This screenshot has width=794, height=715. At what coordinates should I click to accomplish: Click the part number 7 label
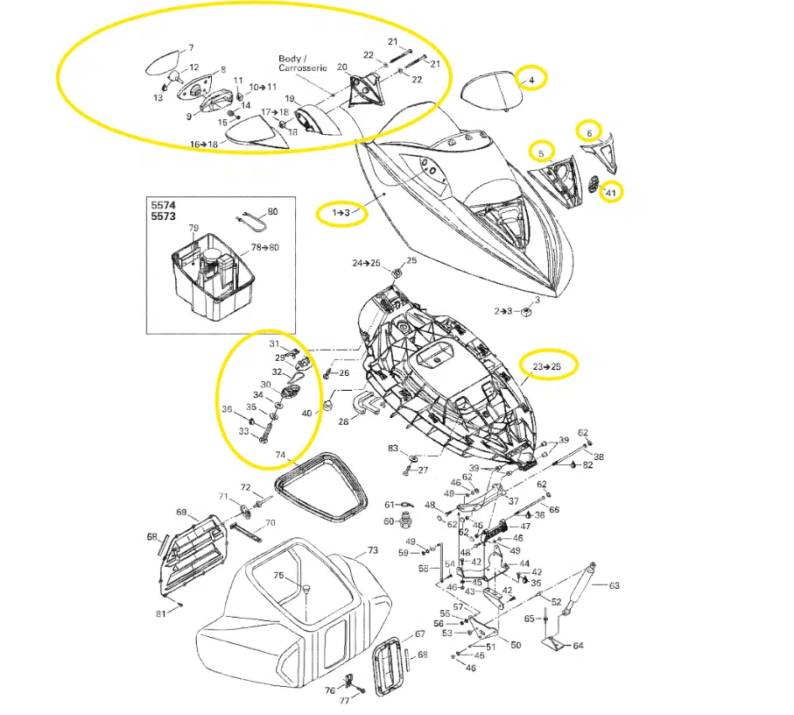[x=191, y=48]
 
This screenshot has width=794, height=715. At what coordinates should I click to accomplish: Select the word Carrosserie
[x=303, y=67]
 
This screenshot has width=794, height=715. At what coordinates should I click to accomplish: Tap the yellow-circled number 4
[x=531, y=80]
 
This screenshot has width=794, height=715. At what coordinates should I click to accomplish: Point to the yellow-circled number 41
[x=611, y=193]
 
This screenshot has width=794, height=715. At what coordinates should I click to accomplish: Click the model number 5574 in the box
[x=163, y=205]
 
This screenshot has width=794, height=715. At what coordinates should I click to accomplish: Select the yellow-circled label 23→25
[x=547, y=366]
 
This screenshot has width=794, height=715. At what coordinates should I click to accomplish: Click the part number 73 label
[x=372, y=550]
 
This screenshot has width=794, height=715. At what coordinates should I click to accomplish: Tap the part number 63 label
[x=614, y=586]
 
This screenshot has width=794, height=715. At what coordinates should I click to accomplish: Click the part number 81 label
[x=160, y=614]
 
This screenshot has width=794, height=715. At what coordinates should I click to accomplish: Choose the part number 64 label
[x=578, y=646]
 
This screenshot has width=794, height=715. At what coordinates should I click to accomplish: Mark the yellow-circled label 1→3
[x=341, y=212]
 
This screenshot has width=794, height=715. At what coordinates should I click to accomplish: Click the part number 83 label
[x=393, y=448]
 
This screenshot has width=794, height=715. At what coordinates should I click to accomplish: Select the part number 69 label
[x=181, y=513]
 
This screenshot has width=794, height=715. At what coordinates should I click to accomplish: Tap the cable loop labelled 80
[x=251, y=222]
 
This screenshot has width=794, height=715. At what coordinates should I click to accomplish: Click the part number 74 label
[x=280, y=455]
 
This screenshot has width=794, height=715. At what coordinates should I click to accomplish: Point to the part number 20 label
[x=342, y=67]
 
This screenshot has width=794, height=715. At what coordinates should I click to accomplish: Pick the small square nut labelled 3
[x=526, y=312]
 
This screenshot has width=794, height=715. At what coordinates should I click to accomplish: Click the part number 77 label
[x=344, y=701]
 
